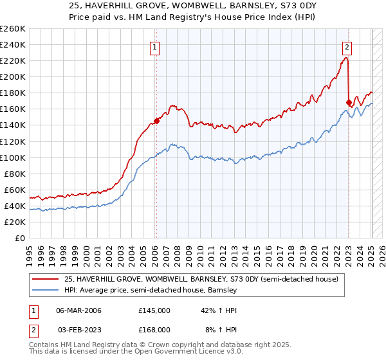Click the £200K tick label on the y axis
click(x=13, y=76)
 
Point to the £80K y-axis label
click(x=15, y=174)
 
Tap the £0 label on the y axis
click(x=21, y=238)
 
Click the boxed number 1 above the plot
click(x=156, y=46)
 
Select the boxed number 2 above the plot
click(x=347, y=46)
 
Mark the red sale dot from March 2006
click(x=156, y=121)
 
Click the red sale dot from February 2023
click(x=349, y=102)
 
